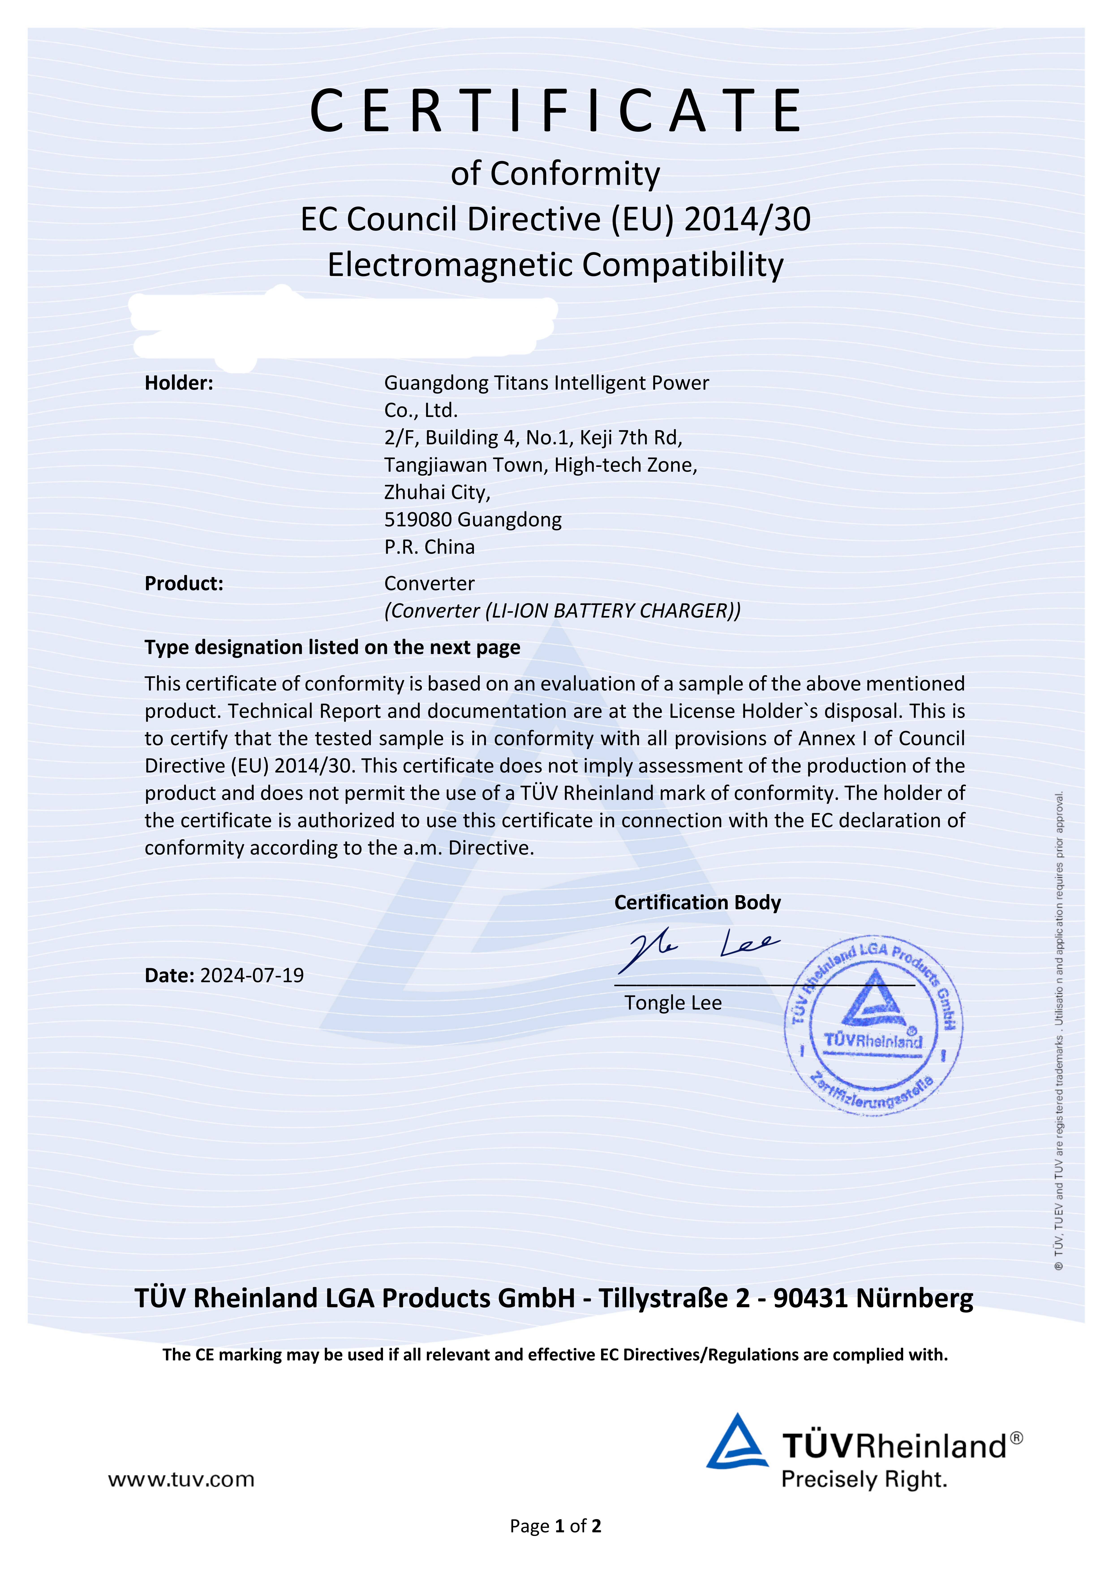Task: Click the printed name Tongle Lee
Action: pos(673,1003)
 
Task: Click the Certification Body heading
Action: pos(697,902)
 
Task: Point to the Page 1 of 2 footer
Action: pos(555,1526)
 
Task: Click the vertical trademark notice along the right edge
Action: pos(1059,1027)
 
